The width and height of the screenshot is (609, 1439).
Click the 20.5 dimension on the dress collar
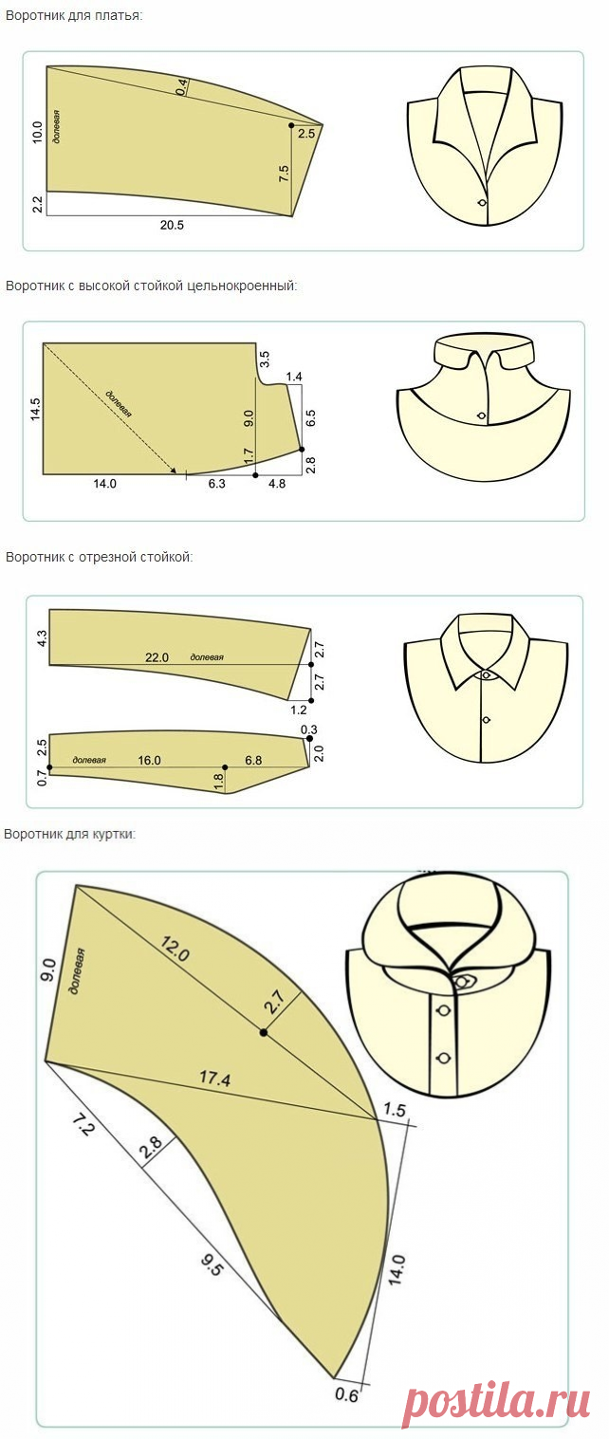point(172,225)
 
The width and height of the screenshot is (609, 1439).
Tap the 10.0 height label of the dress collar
point(37,132)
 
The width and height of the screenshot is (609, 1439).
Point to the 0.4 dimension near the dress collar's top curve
point(182,86)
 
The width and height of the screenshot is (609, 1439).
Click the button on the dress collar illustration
point(483,202)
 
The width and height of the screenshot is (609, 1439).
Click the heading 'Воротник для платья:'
point(73,15)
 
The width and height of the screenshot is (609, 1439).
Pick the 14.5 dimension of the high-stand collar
point(35,409)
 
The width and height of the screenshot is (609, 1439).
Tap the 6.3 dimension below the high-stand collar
point(217,483)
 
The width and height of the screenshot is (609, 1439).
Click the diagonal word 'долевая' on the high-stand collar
point(120,403)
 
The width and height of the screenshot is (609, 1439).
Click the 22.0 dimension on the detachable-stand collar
point(157,657)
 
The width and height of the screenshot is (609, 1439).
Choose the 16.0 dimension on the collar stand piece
point(149,760)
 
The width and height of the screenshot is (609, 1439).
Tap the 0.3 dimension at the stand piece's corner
point(309,729)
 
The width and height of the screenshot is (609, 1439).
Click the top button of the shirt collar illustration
point(487,675)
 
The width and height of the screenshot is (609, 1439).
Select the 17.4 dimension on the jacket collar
point(214,1078)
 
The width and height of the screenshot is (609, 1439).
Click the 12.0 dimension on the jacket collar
point(175,949)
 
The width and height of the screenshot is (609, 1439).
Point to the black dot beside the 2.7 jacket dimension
point(264,1032)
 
